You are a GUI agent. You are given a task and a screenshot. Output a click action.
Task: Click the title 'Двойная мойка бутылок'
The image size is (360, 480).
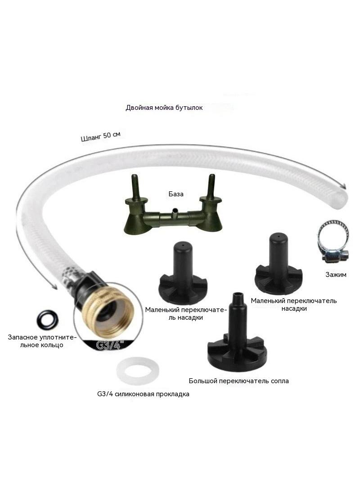point(164,108)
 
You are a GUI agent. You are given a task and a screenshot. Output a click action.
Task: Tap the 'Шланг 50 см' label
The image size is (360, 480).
point(101,136)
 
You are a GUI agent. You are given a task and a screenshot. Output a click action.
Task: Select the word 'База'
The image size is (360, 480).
point(176,194)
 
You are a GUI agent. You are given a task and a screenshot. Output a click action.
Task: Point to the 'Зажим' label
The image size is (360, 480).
point(336,275)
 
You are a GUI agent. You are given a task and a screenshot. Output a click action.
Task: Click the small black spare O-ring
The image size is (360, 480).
point(47,319)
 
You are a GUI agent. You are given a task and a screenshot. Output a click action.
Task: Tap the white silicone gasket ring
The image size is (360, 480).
point(138,371)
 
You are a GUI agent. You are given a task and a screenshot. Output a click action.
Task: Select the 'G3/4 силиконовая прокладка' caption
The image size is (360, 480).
point(143,394)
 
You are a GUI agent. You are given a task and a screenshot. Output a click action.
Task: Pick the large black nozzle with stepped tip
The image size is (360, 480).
point(237,332)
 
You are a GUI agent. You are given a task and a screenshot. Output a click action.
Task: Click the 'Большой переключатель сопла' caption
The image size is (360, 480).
point(238,381)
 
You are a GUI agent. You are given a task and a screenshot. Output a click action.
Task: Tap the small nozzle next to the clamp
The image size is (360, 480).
point(279,263)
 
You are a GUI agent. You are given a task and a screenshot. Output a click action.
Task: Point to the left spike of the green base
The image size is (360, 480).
point(135,187)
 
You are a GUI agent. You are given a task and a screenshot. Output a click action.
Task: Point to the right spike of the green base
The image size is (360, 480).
point(211,186)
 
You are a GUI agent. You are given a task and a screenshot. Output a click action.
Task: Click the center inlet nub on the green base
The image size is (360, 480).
point(175,213)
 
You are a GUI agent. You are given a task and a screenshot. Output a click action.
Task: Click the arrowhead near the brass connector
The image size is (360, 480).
point(54,287)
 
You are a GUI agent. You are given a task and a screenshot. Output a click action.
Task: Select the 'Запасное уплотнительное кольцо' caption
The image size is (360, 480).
point(41,341)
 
